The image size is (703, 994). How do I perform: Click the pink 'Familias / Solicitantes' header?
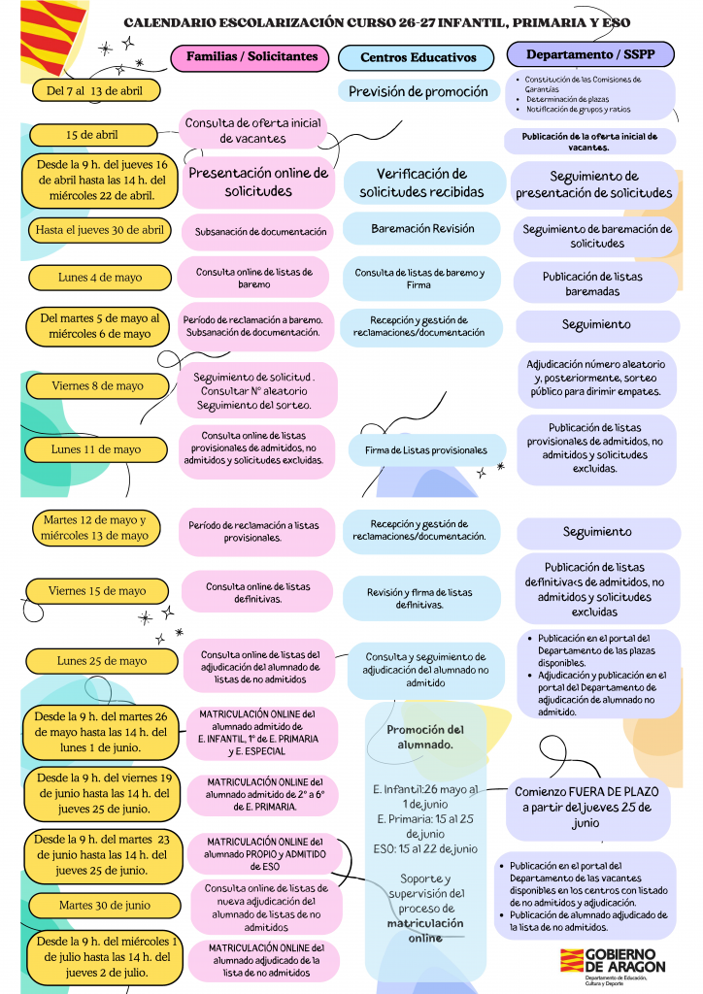click(x=251, y=57)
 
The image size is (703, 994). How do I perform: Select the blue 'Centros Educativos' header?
click(x=418, y=58)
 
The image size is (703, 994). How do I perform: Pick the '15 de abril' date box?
click(x=92, y=135)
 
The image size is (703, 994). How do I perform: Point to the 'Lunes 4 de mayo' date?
click(x=100, y=278)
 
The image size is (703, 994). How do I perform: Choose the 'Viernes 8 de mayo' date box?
click(x=97, y=386)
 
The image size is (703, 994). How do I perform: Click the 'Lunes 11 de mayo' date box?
click(x=96, y=449)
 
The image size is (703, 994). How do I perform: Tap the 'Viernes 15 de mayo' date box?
click(x=97, y=590)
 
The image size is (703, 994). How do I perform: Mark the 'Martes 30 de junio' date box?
click(x=104, y=905)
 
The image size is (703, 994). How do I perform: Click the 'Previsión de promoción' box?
click(x=418, y=92)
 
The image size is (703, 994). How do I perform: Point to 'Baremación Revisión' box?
click(x=422, y=229)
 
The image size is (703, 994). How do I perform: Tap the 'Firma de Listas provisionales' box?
click(x=426, y=450)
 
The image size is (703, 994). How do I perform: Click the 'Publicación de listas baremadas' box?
click(x=592, y=283)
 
